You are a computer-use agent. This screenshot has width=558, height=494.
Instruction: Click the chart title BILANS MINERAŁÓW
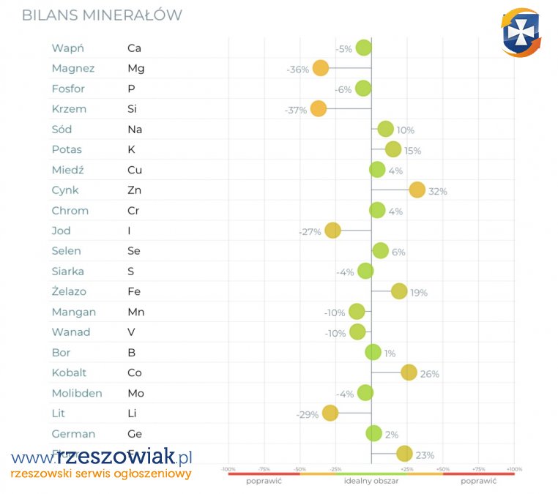coord(102,15)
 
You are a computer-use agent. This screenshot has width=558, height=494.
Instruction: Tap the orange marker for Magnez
coord(320,69)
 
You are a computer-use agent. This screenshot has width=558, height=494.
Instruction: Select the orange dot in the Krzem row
coord(318,109)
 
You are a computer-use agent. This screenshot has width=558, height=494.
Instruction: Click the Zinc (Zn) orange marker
coord(417,190)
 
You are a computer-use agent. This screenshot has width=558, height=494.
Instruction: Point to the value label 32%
coord(438,192)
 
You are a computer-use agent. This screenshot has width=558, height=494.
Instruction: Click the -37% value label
coord(295,111)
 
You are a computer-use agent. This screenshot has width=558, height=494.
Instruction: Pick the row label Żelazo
coord(69,291)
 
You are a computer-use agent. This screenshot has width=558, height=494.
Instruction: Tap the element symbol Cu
coord(135,170)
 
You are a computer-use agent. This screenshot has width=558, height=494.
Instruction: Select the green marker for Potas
coord(393,149)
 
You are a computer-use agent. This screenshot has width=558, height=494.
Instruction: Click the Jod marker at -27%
coord(332,231)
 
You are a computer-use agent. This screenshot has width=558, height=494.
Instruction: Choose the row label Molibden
coord(77,393)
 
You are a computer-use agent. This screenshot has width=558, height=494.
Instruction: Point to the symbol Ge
coord(135,433)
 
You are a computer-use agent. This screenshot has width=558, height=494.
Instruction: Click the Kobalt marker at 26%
coord(409,373)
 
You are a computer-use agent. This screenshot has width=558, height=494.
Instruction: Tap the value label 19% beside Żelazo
coord(419,293)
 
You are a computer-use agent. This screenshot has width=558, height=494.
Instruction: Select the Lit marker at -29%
coord(330,413)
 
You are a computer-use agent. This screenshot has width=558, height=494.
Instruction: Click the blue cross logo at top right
coord(521,31)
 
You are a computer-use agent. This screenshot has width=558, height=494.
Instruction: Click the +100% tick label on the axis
coord(513,469)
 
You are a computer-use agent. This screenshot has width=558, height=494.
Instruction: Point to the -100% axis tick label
coord(228,469)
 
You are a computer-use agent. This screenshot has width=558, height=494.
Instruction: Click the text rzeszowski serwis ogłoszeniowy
coord(101,474)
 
